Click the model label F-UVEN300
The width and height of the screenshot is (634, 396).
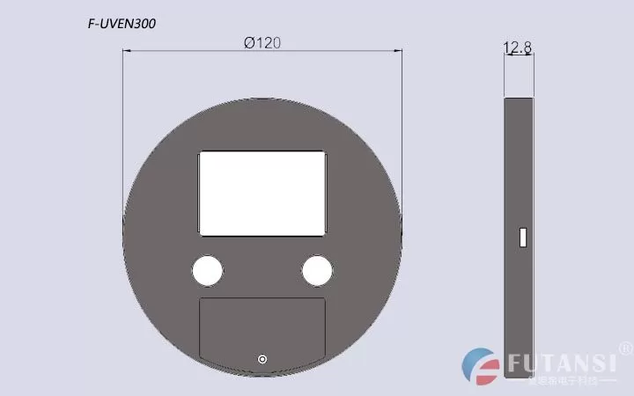coord(122,25)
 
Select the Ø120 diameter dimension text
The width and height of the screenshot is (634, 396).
coord(262,43)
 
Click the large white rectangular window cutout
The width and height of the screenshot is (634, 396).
coord(262,193)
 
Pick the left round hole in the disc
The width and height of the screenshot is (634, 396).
coord(208,270)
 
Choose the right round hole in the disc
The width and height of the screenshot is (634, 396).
coord(317,270)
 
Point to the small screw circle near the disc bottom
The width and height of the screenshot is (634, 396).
coord(262,358)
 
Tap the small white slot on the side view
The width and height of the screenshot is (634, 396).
coord(522,238)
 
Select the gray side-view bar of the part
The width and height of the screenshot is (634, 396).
coord(519,176)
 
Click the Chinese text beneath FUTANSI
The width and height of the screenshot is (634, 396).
coord(564,381)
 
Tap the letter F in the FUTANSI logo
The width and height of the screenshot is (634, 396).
coord(514,363)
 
